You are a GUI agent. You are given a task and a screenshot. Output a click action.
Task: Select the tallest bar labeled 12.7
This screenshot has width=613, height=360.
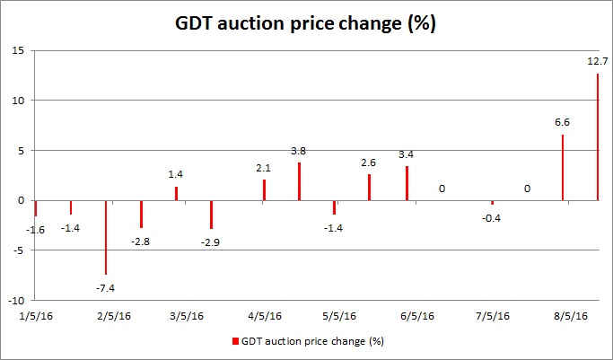[597, 136]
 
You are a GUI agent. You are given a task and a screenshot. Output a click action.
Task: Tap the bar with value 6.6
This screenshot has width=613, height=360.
[563, 167]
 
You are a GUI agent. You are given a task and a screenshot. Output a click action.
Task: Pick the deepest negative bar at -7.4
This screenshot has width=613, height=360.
[106, 237]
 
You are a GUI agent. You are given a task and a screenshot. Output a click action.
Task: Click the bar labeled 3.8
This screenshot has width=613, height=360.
[299, 181]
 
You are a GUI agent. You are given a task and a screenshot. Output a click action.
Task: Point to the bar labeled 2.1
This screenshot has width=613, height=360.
[264, 189]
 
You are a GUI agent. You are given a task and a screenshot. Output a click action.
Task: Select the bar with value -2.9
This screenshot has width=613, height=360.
[211, 215]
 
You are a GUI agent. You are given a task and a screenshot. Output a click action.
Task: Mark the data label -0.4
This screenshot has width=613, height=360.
[491, 216]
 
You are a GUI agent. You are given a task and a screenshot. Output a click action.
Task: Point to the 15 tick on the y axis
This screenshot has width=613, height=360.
[18, 50]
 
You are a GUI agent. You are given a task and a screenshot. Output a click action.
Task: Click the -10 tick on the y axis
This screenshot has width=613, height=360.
[14, 300]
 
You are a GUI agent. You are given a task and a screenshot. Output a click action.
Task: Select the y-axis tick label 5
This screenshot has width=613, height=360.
[21, 150]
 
